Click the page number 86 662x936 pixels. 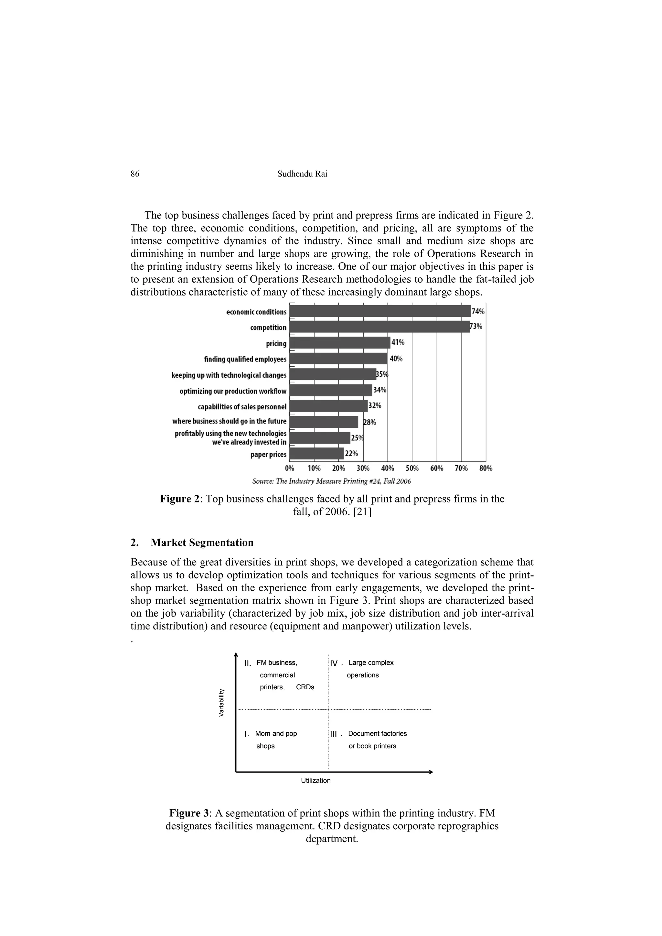tap(135, 174)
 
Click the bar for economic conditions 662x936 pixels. tap(380, 311)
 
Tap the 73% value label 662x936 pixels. tap(476, 327)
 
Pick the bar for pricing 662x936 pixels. tap(339, 343)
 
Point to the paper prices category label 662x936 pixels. tap(268, 455)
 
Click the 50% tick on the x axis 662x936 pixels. tap(412, 468)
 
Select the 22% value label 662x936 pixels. tap(351, 453)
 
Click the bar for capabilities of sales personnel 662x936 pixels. tap(328, 406)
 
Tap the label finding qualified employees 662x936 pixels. tap(245, 359)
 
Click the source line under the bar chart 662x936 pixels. tap(331, 481)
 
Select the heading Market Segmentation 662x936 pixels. tap(202, 543)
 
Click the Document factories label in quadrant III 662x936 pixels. tap(377, 734)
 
